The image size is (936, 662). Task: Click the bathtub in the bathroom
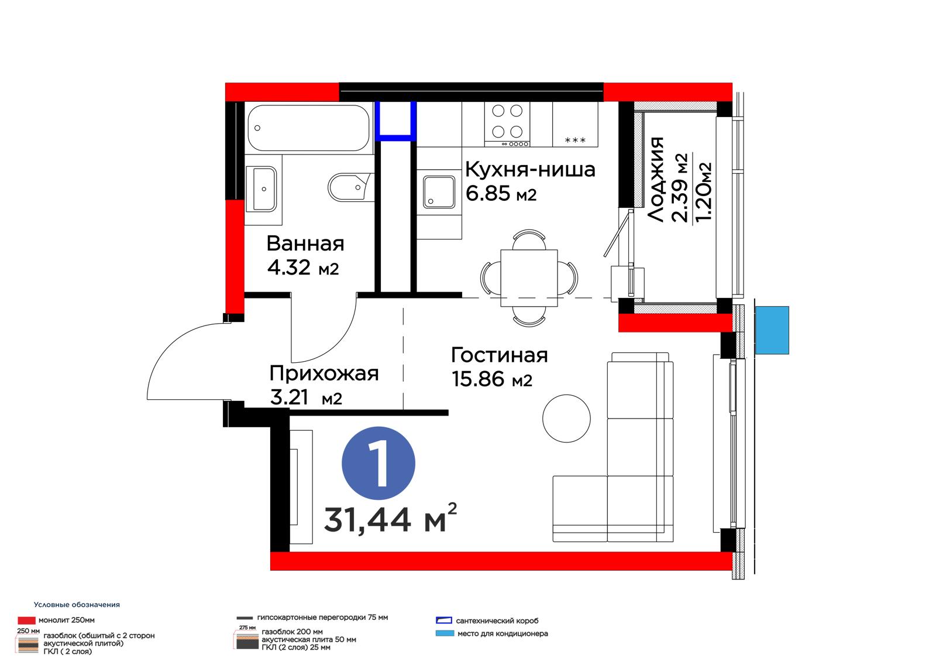308,128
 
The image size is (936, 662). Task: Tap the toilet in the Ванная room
350,188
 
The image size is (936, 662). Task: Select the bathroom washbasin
261,189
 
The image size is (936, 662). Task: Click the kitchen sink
439,192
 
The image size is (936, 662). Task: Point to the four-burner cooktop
507,124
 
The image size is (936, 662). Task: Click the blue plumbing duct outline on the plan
395,119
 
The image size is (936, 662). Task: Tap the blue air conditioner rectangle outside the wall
772,330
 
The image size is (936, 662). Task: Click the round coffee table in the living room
567,419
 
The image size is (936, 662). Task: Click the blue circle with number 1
378,464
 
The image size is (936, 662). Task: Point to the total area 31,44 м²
390,519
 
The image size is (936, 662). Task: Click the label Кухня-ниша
530,170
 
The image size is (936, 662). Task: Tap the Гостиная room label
500,355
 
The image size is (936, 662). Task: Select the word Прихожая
324,373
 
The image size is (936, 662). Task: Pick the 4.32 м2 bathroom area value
303,267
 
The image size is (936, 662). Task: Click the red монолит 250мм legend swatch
26,620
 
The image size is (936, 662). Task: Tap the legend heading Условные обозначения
77,605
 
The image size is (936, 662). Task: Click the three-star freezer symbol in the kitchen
575,140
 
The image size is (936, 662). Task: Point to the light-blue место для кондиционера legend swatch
445,633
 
